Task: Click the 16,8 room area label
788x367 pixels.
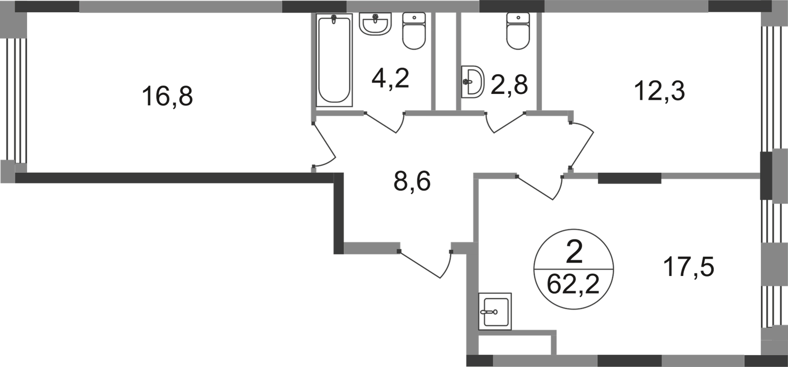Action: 169,96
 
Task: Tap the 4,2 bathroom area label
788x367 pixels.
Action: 390,79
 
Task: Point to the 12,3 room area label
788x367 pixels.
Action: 661,91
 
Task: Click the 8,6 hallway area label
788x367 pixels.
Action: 413,183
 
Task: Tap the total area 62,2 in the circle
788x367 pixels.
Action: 574,283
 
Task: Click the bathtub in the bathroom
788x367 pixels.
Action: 334,60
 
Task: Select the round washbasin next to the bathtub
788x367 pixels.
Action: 376,25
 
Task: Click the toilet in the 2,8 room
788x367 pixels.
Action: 516,31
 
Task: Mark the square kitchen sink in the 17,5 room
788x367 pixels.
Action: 496,311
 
